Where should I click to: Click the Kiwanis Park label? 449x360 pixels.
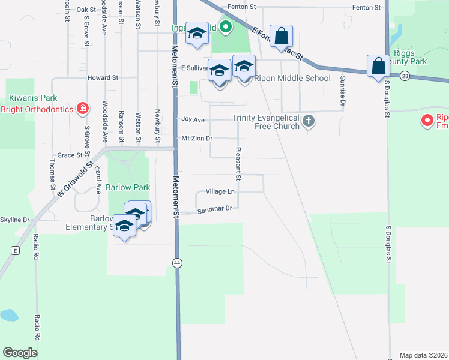32,98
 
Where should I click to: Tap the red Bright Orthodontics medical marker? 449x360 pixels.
83,109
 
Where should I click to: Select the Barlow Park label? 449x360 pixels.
128,187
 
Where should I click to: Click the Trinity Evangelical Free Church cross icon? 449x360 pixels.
309,122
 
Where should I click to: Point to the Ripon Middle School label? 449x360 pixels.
292,78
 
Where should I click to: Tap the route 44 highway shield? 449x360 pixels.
177,263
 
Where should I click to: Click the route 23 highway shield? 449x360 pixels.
405,76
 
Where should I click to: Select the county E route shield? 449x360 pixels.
14,249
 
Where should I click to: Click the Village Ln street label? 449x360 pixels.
220,191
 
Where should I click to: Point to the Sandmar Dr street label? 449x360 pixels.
214,208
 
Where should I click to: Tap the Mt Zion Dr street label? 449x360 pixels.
197,139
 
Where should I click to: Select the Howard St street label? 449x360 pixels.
103,78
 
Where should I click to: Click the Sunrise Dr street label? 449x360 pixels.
342,90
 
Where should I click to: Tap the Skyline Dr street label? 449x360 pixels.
14,220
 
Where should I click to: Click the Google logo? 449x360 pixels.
20,353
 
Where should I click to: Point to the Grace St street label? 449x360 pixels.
70,155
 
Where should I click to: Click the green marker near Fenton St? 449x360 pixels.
225,27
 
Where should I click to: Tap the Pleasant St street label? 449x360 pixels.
238,164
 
